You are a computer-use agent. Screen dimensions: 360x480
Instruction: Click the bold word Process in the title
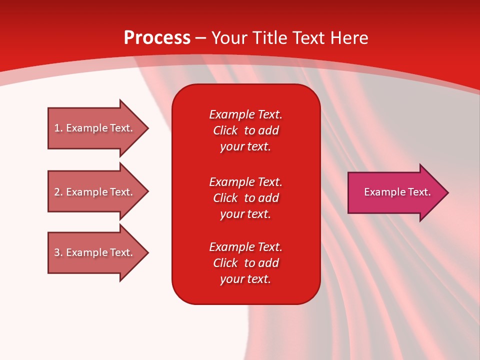point(157,38)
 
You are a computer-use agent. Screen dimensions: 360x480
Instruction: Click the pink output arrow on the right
point(395,192)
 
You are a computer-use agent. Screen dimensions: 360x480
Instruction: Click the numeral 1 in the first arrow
point(57,128)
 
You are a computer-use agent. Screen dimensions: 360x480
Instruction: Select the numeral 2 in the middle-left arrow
point(57,192)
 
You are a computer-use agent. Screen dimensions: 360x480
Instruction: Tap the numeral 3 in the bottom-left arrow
point(57,252)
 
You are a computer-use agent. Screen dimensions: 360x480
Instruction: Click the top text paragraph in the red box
point(245,130)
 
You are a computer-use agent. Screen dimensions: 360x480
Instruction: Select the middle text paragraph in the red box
point(245,198)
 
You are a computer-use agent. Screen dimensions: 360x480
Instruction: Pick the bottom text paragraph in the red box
point(245,263)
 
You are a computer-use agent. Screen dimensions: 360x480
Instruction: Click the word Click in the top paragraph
point(225,130)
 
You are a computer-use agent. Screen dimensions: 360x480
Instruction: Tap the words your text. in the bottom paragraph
point(245,279)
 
